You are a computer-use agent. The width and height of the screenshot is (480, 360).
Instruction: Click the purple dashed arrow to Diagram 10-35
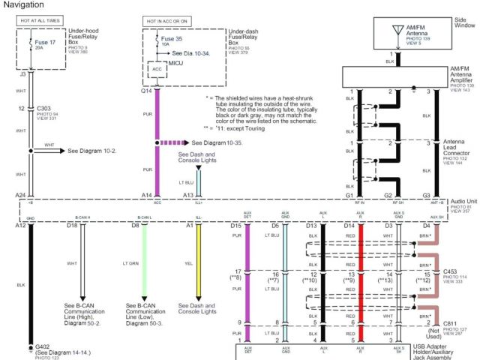click(x=175, y=142)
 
